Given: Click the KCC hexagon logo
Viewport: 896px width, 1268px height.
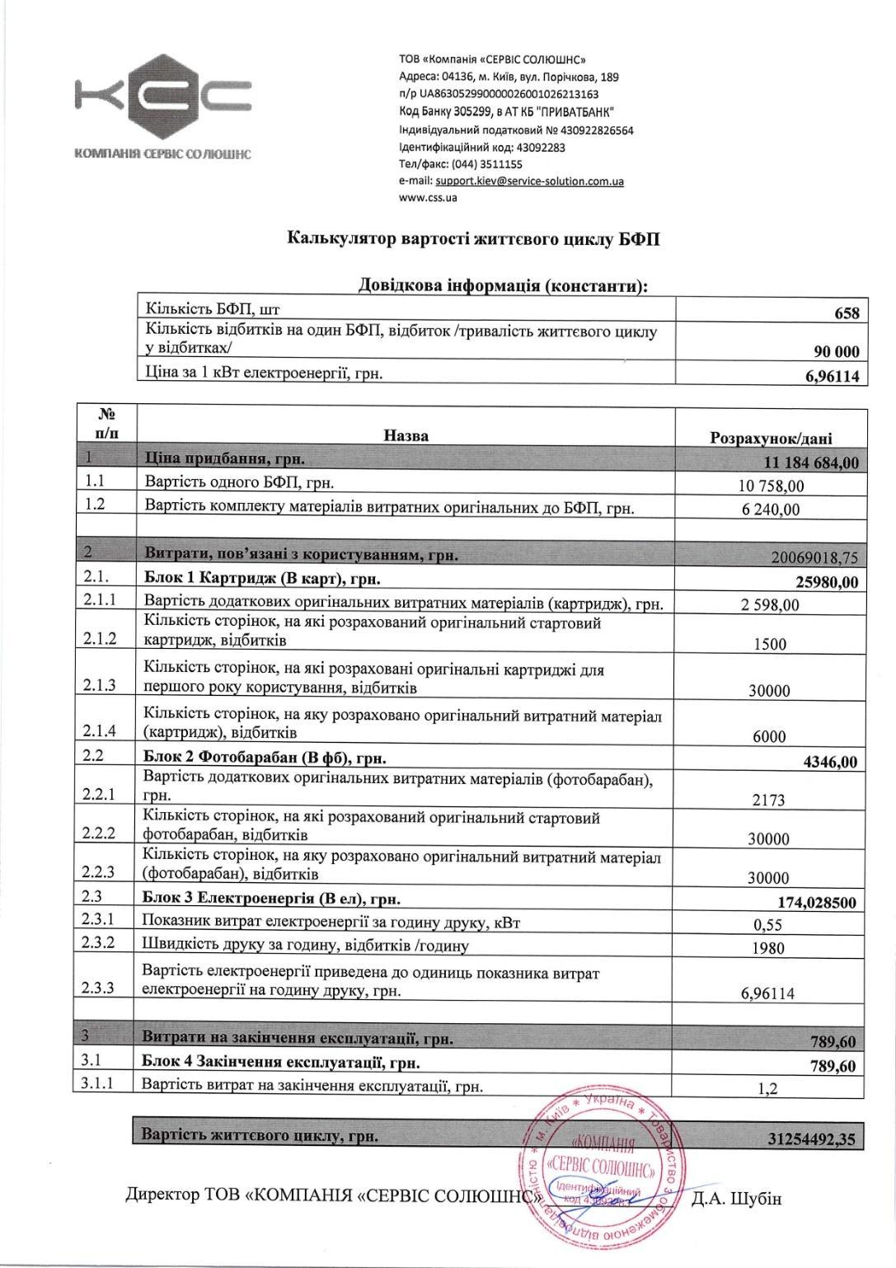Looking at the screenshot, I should pos(163,98).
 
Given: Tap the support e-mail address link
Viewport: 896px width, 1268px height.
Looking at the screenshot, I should pos(523,181).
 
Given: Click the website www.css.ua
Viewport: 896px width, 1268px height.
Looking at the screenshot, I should pos(428,197).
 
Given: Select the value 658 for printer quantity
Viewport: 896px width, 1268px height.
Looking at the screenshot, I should pos(846,313).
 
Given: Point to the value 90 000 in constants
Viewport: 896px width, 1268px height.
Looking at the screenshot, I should pos(836,352).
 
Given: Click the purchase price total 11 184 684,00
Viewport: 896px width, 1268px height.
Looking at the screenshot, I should pos(812,463).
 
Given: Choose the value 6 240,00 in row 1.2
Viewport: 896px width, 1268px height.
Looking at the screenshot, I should pos(771,510).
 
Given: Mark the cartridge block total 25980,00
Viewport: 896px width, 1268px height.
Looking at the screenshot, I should pos(827,582).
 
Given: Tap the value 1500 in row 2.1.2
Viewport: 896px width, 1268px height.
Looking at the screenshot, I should pos(770,645).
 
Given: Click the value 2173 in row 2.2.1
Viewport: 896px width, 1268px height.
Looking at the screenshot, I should pos(768,800).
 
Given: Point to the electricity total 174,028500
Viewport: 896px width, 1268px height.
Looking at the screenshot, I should pos(817,903).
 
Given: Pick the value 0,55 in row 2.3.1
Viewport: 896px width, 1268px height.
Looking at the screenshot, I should pos(767,925).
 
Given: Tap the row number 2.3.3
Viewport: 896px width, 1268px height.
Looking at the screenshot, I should pos(99,987).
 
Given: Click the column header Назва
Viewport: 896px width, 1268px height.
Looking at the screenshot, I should pos(406,434).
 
